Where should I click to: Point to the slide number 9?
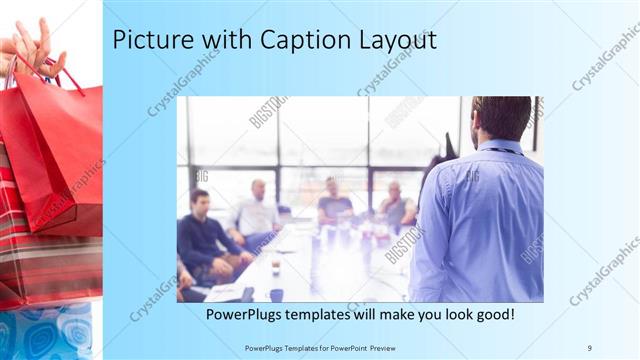(589, 347)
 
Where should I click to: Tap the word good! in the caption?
(492, 314)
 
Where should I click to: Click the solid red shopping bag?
(55, 150)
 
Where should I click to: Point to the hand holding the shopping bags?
(30, 45)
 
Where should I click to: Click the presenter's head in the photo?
(500, 118)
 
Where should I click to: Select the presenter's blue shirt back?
(480, 220)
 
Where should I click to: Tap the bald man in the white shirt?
(256, 210)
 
